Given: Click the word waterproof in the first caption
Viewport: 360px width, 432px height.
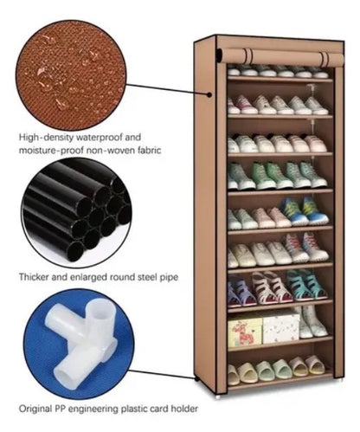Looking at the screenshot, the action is (x=98, y=138).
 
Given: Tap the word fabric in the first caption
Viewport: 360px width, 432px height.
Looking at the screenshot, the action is (x=147, y=151).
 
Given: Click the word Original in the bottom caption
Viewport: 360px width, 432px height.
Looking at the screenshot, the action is (x=35, y=409).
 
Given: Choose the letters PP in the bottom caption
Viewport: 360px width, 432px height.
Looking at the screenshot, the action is (x=60, y=409).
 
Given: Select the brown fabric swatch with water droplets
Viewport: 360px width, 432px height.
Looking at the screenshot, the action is (x=71, y=75).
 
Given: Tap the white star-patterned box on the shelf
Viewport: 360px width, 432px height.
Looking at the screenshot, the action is (x=280, y=327).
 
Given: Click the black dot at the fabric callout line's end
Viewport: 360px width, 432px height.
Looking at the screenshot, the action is (x=209, y=94).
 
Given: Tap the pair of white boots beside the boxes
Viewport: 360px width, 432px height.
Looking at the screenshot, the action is (x=311, y=322).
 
